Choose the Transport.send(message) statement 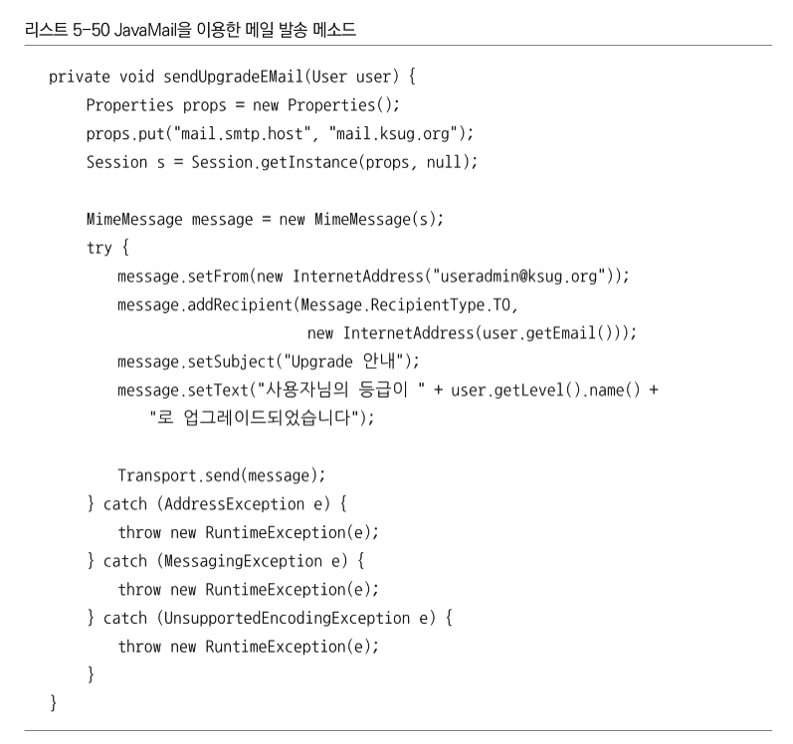tap(221, 475)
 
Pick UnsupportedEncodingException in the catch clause tap(287, 619)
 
